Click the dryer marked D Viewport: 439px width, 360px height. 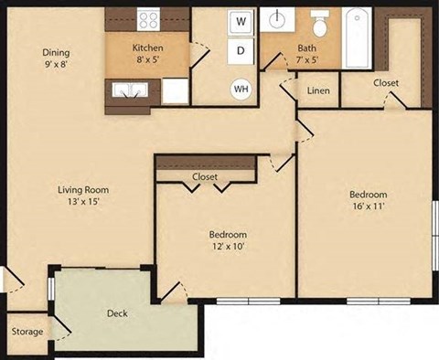click(x=241, y=51)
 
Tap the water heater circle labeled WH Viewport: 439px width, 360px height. click(x=241, y=89)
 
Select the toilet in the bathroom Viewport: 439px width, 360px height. click(x=320, y=21)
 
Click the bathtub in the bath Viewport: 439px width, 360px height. click(x=359, y=37)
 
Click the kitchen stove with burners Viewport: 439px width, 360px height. click(x=149, y=19)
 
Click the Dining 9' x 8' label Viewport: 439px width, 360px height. click(x=56, y=58)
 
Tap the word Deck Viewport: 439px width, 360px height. click(x=117, y=313)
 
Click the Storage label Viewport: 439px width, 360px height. click(x=27, y=331)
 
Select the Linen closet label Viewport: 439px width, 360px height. click(x=318, y=90)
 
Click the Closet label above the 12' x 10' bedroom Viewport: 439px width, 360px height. click(x=204, y=176)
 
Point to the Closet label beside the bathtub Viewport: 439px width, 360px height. click(x=386, y=83)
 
